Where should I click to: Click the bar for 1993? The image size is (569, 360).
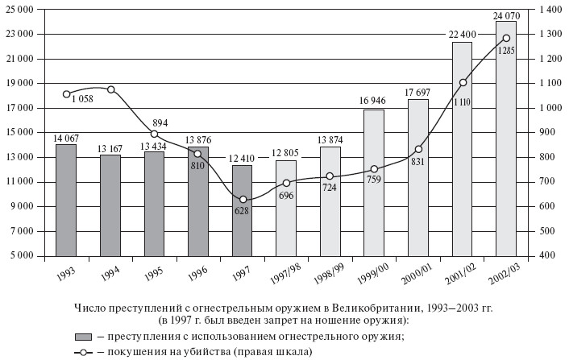click(x=66, y=200)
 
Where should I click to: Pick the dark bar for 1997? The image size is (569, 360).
click(x=242, y=210)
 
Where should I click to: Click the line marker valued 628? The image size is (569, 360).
click(x=243, y=200)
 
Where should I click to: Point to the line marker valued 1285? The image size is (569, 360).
click(x=506, y=38)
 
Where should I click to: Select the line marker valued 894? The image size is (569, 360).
click(x=154, y=134)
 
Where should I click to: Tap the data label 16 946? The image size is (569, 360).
click(x=374, y=101)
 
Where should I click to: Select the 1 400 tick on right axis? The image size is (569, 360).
click(x=547, y=9)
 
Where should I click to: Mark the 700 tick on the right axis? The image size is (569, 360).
click(x=544, y=181)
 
